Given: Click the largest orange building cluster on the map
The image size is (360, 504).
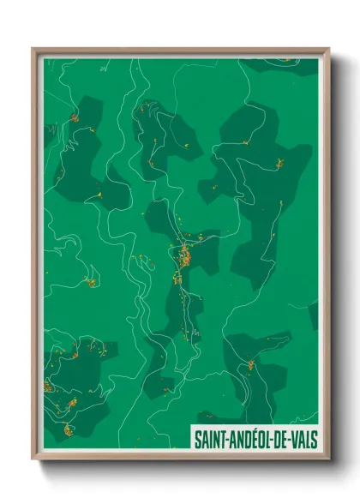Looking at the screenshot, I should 183,255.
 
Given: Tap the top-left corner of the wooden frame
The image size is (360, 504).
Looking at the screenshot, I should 33,49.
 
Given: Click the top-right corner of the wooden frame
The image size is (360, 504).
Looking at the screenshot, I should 329,49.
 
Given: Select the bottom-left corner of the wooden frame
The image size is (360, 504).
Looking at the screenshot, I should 33,460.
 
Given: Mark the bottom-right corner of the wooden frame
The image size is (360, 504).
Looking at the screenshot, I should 329,460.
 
